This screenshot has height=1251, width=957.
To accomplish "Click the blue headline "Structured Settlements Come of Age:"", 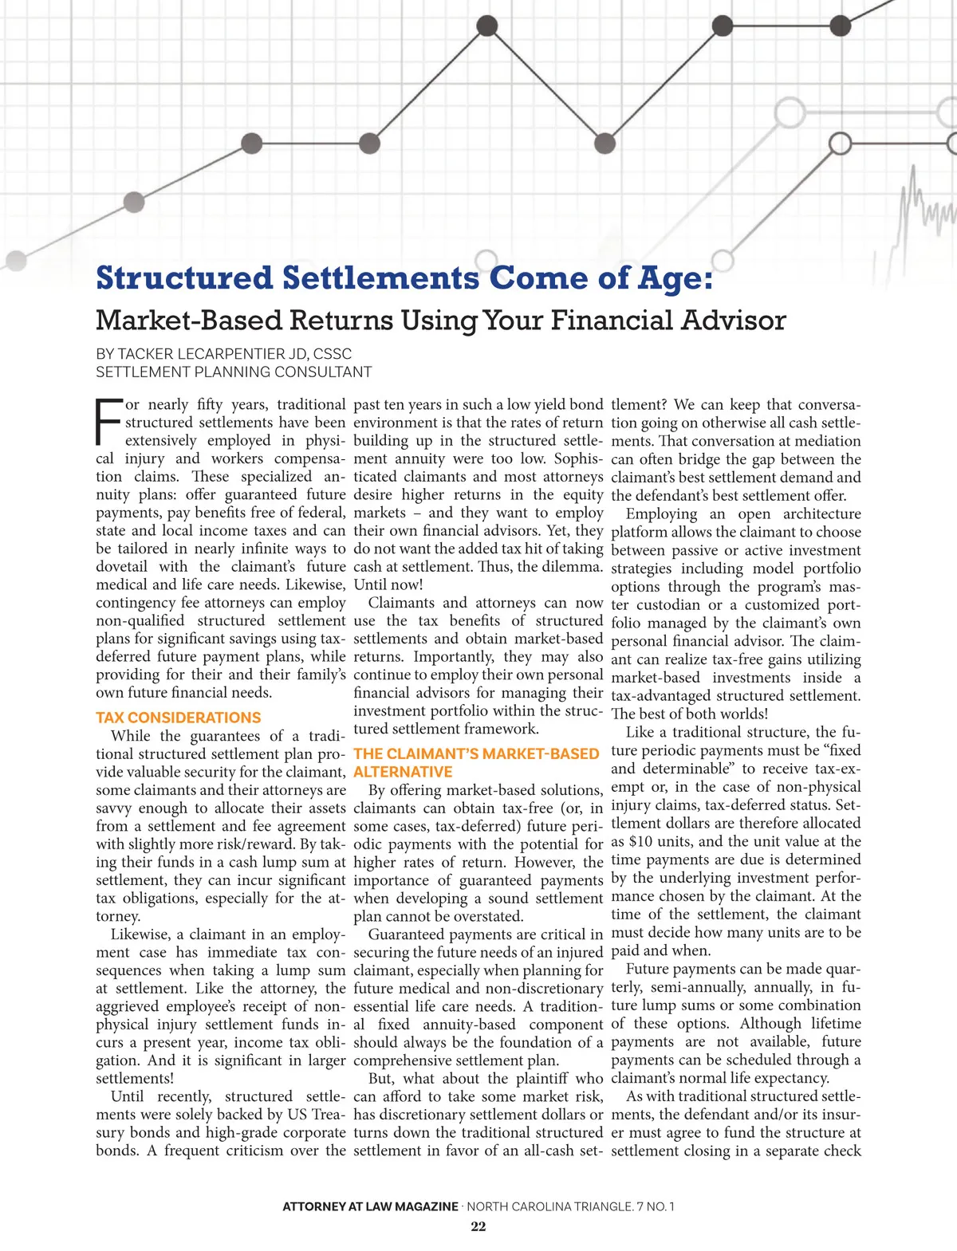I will (x=404, y=278).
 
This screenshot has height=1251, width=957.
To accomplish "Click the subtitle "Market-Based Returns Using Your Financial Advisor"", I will (x=440, y=321).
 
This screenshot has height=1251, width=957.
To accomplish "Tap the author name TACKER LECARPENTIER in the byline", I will (x=201, y=354).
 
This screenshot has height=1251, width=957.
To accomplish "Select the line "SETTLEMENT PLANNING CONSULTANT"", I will (x=233, y=372).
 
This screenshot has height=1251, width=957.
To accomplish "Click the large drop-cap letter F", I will (x=108, y=422).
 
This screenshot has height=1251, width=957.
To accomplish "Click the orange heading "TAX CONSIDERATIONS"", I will (x=178, y=718).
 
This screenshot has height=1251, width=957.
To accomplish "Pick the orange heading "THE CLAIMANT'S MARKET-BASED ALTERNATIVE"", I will (x=475, y=762).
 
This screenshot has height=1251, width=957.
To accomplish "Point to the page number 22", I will (x=478, y=1226).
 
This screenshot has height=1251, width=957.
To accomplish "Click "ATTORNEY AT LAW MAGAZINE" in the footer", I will (x=370, y=1206).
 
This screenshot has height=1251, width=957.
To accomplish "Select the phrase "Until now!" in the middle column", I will (x=388, y=584).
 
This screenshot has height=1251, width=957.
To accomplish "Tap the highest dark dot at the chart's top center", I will (x=486, y=27).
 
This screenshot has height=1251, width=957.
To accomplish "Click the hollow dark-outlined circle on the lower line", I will (x=840, y=144).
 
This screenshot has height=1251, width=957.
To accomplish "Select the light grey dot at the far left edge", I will (x=15, y=260).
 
